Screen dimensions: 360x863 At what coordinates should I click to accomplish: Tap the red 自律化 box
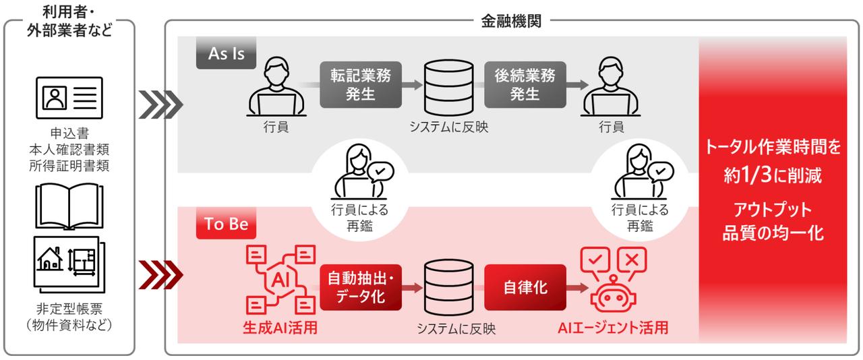(525, 287)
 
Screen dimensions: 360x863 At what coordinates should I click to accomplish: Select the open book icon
(69, 202)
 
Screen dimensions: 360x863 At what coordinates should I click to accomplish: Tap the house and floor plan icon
(69, 262)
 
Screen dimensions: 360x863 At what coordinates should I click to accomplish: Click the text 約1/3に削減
(773, 177)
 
